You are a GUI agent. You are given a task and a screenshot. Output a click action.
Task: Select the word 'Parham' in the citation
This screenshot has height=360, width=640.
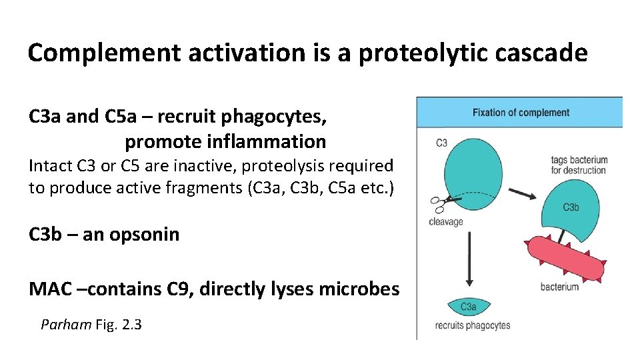[65, 325]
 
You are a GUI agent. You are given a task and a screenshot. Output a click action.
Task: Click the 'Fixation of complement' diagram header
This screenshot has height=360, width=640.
[521, 113]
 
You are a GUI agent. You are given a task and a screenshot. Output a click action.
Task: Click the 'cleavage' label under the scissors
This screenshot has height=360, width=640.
[446, 222]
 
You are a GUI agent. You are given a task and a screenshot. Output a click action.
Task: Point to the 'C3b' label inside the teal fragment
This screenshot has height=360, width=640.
[571, 207]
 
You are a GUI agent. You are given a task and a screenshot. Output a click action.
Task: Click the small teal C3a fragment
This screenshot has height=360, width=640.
[469, 306]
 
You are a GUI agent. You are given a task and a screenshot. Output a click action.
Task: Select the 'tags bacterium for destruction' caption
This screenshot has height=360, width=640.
[579, 165]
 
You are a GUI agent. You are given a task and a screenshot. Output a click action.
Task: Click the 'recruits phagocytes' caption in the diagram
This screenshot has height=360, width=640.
[472, 326]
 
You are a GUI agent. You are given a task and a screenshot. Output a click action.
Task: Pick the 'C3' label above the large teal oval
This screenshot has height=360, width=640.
[441, 143]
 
